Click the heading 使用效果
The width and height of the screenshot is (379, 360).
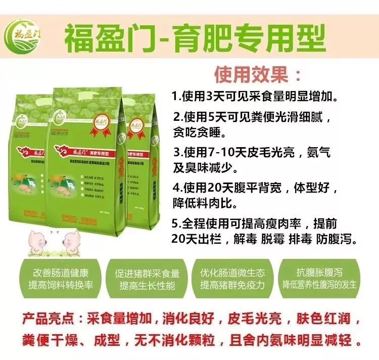[x=258, y=75]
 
